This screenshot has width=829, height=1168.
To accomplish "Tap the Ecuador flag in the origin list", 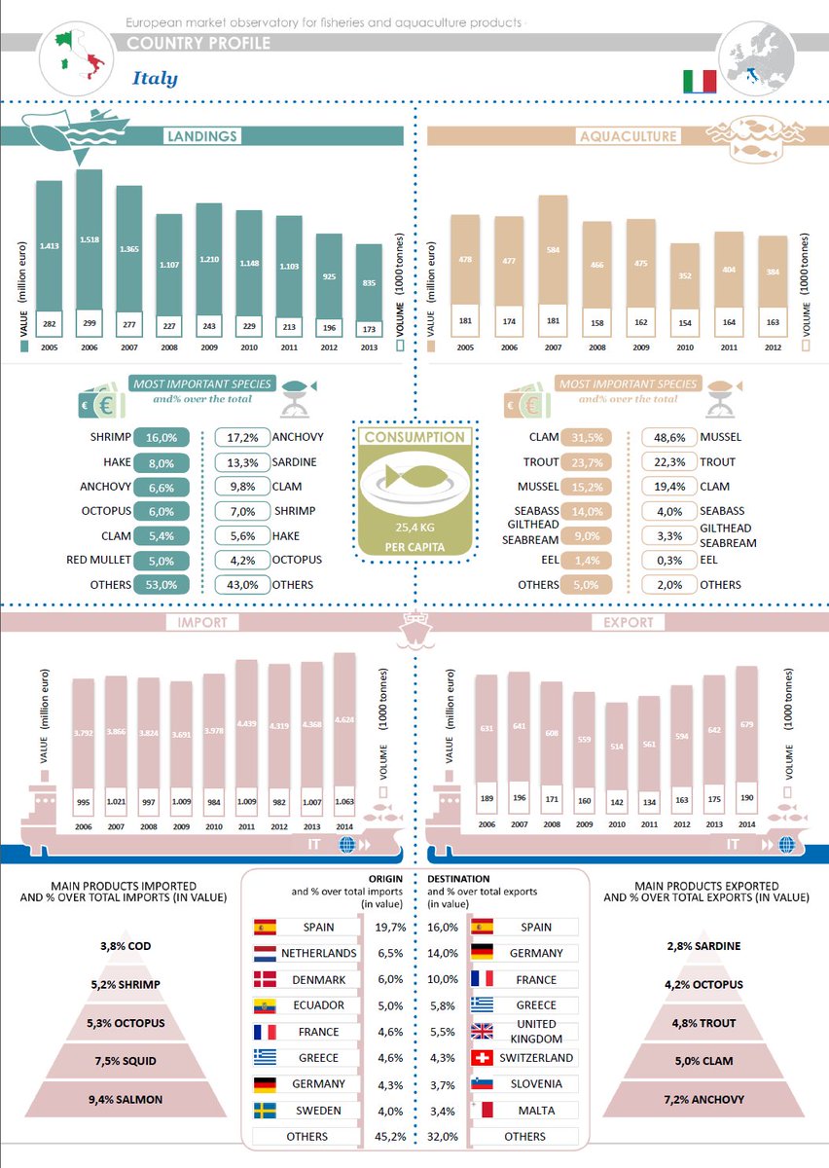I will [x=265, y=1005].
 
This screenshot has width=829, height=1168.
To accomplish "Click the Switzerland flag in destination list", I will [x=483, y=1058].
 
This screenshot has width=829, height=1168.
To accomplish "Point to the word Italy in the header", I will [x=155, y=78].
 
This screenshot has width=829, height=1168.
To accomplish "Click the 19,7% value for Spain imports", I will [x=390, y=927].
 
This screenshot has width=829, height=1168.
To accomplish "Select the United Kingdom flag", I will [x=483, y=1032].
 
